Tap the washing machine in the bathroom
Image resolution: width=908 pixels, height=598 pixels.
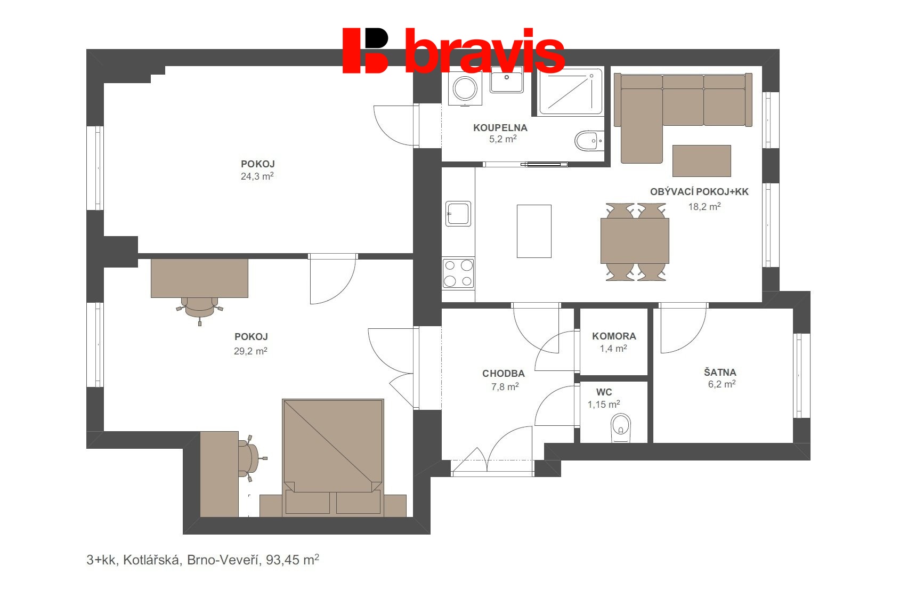465,88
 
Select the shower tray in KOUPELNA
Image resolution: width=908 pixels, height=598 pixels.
570,92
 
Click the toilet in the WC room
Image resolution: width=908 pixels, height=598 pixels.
620,427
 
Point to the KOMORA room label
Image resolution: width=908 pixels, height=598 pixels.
614,336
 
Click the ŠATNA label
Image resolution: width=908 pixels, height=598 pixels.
720,372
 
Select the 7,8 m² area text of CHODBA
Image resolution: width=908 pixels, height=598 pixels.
505,387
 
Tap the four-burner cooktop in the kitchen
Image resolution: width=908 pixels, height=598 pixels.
458,273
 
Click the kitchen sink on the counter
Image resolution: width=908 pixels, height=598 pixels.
458,214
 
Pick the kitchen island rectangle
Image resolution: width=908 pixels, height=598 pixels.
534,231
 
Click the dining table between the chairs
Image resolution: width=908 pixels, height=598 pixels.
635,241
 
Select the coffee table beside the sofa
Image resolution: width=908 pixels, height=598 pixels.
701,160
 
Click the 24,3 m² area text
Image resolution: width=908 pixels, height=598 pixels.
257,176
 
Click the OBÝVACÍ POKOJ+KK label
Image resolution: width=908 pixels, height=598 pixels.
699,192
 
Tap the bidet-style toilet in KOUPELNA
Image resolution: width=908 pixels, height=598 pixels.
587,141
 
